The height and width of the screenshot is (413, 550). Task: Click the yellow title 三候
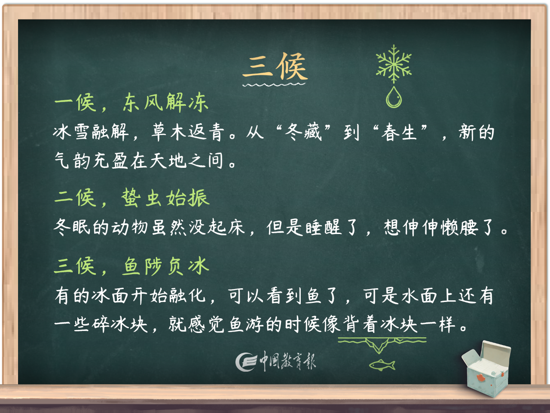pos(275,67)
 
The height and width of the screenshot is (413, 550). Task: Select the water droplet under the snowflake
pos(394,98)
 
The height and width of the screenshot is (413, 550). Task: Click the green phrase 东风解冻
pos(165,103)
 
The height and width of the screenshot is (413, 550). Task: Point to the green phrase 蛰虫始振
pos(165,198)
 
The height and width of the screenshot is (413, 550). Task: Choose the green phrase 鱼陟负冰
pos(165,266)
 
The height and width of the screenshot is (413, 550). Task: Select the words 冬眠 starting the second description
pos(72,227)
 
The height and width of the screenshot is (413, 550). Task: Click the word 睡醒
pos(323,227)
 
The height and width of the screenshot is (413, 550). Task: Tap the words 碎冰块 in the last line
pos(120,324)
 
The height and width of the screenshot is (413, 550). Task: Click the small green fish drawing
pos(382,365)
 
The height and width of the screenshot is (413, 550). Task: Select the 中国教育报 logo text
pos(287,361)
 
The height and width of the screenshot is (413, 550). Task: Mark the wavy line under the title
pos(274,85)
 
